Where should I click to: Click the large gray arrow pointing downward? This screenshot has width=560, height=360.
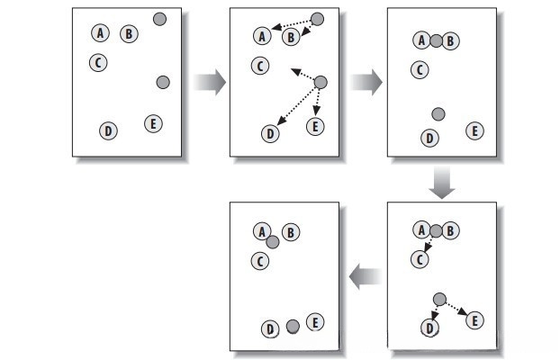[442, 183]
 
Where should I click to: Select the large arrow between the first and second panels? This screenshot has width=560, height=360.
[209, 83]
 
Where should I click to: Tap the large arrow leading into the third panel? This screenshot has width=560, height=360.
[366, 83]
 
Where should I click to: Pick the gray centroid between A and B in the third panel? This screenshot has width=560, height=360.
[436, 40]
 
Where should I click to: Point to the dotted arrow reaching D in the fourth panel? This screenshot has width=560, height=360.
[434, 314]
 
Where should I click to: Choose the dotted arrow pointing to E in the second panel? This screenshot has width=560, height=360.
[317, 103]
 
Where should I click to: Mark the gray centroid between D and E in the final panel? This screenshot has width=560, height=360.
[293, 327]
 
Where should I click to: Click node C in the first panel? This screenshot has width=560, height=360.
[98, 63]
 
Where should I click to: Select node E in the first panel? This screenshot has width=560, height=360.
[153, 124]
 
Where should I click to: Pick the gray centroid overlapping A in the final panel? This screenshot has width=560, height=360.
[272, 240]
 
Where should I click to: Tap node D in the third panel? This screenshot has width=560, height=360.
[429, 138]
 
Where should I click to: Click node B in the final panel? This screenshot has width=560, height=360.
[290, 232]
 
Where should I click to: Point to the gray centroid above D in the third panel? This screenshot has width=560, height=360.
[438, 114]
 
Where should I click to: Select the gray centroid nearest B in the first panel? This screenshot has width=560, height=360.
[159, 19]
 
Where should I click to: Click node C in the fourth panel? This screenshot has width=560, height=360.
[418, 259]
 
